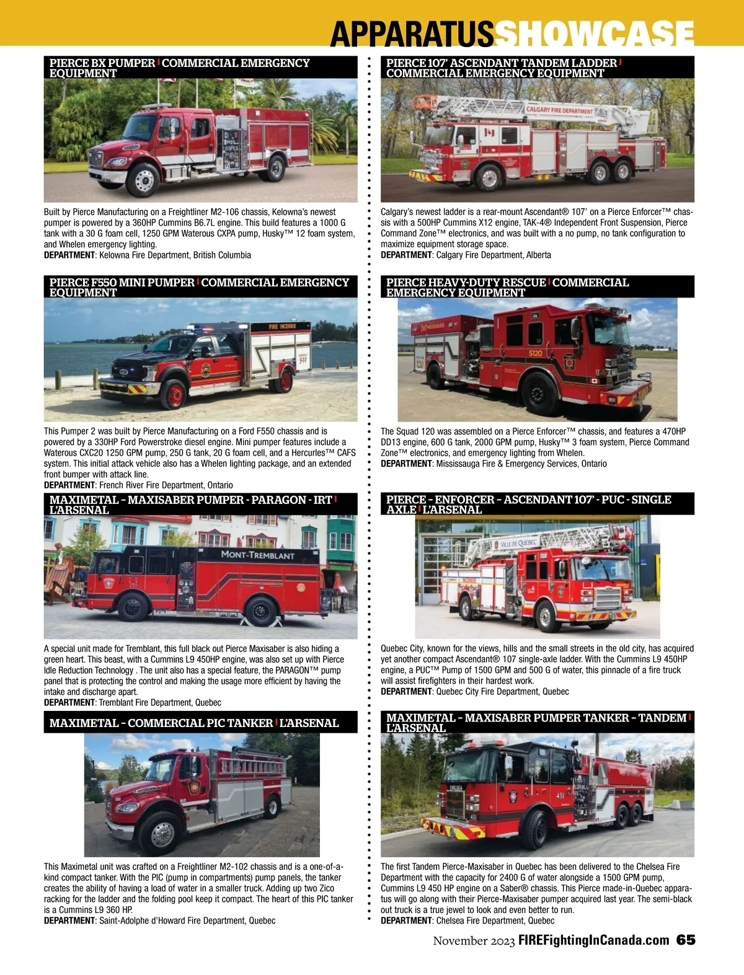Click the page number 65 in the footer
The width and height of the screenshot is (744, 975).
point(686,940)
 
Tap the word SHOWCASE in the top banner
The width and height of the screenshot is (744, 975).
point(595,33)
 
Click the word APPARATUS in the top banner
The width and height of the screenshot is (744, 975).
point(412,33)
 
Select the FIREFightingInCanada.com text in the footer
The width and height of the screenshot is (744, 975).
point(594,940)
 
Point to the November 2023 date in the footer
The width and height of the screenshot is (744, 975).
point(474,941)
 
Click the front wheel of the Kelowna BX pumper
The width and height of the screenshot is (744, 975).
point(143,180)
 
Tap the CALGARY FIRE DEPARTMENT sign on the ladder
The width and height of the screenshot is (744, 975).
point(559,110)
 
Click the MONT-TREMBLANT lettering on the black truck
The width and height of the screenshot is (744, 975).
point(258,555)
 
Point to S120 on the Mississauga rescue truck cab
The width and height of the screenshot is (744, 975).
point(535,353)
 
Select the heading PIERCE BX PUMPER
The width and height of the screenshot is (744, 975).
point(102,63)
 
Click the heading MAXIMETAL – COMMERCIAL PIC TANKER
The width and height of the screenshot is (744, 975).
point(161,723)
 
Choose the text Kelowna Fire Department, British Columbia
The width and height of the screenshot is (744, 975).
point(175,255)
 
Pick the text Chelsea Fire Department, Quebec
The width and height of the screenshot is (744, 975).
point(495,921)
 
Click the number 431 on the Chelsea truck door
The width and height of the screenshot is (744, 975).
point(560,795)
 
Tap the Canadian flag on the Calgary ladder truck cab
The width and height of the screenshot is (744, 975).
point(489,133)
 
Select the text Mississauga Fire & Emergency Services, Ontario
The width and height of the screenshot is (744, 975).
point(521,464)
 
